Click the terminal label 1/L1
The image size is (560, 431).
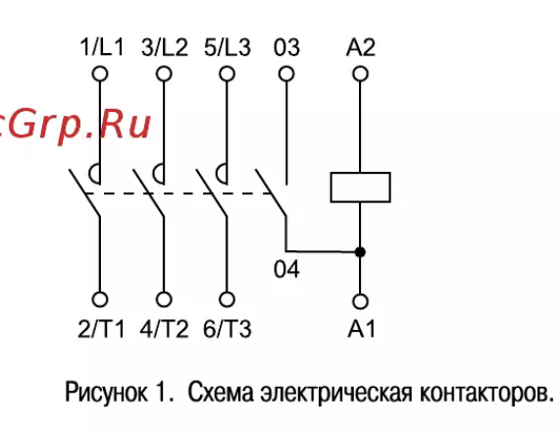[102, 47]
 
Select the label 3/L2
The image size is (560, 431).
[165, 47]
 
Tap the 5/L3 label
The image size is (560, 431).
[228, 47]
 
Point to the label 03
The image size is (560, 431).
[286, 47]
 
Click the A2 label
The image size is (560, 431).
[361, 47]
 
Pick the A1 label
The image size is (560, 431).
[362, 329]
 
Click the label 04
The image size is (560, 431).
[286, 269]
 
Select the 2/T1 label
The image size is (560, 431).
[101, 329]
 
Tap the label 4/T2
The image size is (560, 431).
[164, 329]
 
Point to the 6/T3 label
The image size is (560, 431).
[228, 329]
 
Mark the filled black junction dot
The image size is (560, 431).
[360, 252]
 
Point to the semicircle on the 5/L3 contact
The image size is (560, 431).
[217, 174]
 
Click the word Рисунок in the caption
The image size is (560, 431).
[106, 393]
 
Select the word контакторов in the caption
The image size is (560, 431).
[486, 393]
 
